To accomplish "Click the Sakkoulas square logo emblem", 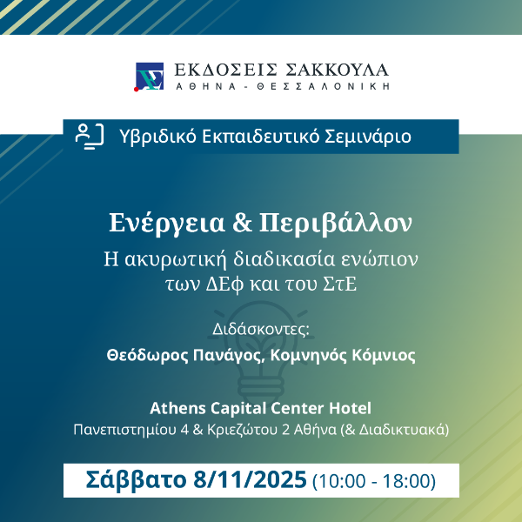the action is coord(149,77).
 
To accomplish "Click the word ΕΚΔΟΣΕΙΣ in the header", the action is coord(225,70).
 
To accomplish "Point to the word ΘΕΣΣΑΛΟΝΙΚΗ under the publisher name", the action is coord(324,86).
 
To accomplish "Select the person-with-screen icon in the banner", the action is coord(90,137).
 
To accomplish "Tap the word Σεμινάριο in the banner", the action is coord(368,137).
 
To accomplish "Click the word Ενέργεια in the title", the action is coord(167,224).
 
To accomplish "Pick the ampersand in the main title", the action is coord(242,223).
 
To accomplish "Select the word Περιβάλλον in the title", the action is coord(336,224).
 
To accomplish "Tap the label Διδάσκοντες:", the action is coord(261,329).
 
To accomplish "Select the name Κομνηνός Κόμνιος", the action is coord(343,356).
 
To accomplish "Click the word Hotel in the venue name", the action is coord(351,408).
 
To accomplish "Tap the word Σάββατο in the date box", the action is coord(136,480).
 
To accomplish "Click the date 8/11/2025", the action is coord(250,479).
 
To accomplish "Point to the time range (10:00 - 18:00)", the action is coord(374,481).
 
